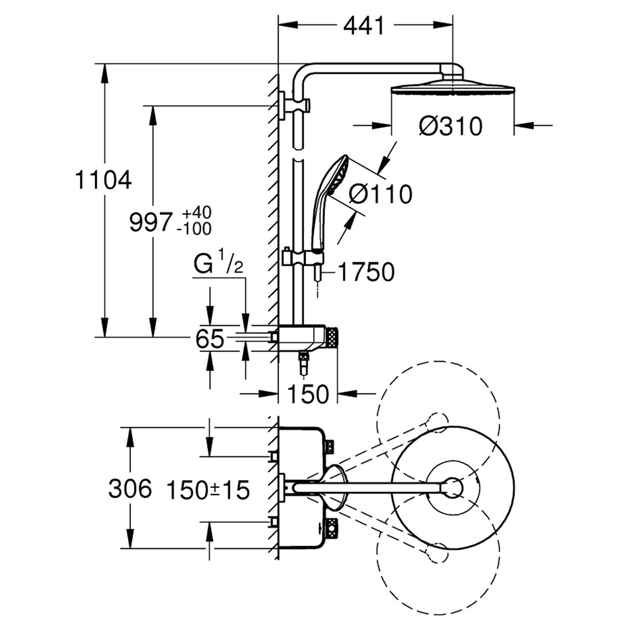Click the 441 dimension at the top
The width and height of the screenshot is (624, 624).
[x=363, y=26]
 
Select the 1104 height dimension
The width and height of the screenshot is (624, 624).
[x=103, y=180]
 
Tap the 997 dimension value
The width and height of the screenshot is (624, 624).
[x=150, y=223]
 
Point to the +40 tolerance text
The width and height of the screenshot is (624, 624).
[x=197, y=213]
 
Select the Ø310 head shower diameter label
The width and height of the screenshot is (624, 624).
[x=450, y=126]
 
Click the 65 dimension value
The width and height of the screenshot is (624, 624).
[x=210, y=339]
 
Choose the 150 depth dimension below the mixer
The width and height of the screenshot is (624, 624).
[x=308, y=394]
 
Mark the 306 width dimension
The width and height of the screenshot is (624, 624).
[x=130, y=489]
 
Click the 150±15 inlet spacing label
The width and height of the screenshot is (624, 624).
[x=208, y=490]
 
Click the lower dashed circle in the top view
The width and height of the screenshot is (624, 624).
[x=438, y=554]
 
